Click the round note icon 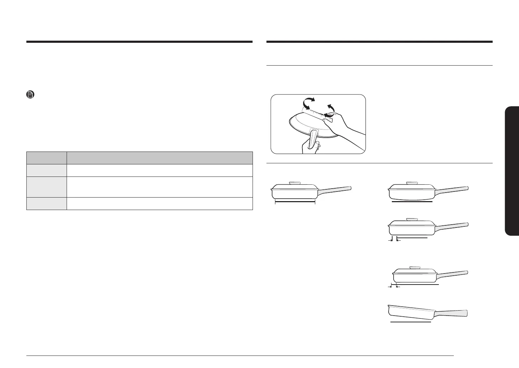point(30,95)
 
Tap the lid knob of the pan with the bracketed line point(295,183)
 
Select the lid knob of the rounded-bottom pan point(412,183)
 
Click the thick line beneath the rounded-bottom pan point(411,202)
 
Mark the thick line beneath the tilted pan point(411,322)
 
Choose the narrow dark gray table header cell point(47,158)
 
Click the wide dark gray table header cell point(160,158)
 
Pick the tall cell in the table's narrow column point(47,187)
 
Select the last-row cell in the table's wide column point(160,203)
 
